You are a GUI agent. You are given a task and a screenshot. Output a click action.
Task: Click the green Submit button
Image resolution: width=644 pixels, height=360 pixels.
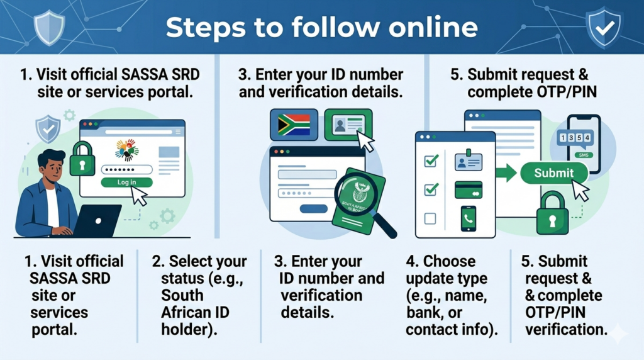[553, 173]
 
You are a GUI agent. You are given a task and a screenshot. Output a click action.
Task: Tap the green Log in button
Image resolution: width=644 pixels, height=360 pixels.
[126, 182]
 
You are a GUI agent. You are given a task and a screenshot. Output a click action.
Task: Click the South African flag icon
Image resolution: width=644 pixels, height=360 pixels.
[294, 125]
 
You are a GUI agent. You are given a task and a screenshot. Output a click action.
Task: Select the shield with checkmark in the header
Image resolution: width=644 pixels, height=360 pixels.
[604, 28]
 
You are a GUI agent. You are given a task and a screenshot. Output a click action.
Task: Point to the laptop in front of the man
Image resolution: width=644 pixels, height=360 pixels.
[97, 221]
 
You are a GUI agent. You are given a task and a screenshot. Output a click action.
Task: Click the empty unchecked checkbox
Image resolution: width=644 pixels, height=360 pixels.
[430, 218]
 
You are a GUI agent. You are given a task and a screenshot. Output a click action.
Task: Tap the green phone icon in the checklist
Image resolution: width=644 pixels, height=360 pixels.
[468, 218]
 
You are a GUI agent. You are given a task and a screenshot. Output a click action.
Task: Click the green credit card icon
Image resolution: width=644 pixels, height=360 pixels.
[468, 190]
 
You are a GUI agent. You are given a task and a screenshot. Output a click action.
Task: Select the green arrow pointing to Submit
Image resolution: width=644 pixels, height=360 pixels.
[506, 172]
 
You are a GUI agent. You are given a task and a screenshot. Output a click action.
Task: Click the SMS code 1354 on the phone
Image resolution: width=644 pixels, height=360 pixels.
[575, 138]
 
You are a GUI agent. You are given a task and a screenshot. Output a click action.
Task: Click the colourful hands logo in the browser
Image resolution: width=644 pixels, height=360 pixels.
[127, 150]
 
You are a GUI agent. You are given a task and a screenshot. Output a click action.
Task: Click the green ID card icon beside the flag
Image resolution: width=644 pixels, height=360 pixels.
[348, 125]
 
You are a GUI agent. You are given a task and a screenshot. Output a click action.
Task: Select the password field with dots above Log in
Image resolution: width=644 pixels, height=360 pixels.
[126, 169]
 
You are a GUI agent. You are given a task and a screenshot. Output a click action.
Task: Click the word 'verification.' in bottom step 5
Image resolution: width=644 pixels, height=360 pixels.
[566, 329]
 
